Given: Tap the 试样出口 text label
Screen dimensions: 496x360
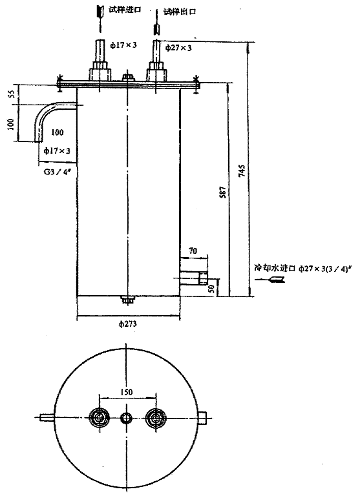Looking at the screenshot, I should point(178,11).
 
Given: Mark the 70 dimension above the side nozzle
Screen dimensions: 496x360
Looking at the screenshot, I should point(193,249).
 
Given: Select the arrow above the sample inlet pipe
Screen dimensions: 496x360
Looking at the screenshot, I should point(99,12).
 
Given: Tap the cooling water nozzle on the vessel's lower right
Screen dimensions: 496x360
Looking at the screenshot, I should point(194,279).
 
